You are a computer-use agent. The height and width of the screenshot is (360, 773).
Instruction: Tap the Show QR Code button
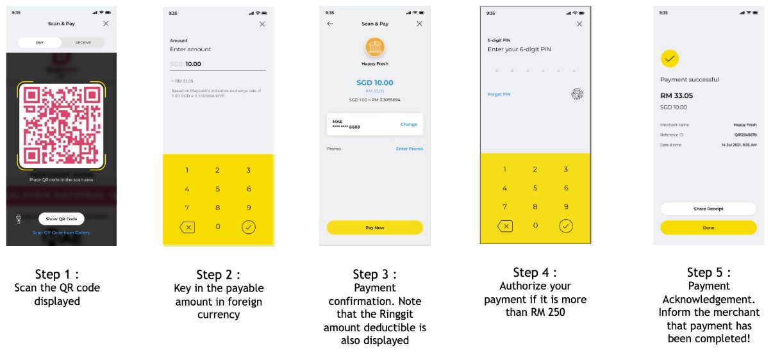click(x=61, y=219)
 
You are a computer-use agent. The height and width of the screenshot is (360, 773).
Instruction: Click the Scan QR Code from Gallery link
click(x=62, y=233)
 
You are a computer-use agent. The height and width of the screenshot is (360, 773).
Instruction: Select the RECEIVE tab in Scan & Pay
click(x=83, y=42)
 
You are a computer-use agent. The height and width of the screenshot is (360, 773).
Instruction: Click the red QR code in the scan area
click(x=62, y=126)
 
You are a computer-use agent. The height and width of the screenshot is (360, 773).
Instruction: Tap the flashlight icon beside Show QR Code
click(x=19, y=219)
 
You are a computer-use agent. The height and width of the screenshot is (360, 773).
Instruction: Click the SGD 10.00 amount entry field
click(x=217, y=64)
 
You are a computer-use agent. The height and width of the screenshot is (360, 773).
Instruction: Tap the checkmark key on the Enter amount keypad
click(x=248, y=227)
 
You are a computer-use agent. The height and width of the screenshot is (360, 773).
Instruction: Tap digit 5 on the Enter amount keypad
click(x=217, y=189)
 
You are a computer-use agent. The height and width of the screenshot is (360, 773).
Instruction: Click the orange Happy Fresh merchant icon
click(x=374, y=47)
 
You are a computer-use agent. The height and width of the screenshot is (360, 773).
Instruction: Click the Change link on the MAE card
click(x=409, y=124)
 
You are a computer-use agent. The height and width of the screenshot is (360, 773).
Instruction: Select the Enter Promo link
click(x=409, y=149)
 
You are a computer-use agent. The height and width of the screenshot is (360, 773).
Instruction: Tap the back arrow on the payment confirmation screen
click(x=330, y=24)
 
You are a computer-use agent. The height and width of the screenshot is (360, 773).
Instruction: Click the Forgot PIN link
click(x=499, y=94)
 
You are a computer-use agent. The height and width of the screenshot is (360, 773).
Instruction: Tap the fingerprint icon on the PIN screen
click(x=577, y=94)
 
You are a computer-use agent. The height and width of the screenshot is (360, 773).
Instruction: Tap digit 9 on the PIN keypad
click(x=565, y=207)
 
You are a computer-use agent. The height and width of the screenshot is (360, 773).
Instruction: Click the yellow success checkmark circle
click(x=669, y=59)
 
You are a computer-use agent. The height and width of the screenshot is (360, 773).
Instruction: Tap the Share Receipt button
click(x=708, y=209)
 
